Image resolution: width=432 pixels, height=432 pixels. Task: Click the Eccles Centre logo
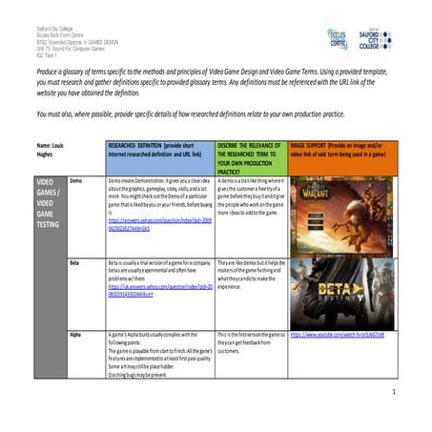click(336, 38)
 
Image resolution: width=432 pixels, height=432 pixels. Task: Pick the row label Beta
click(76, 261)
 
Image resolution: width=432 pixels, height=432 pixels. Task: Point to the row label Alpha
click(76, 335)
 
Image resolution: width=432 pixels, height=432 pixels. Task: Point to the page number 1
click(393, 392)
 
